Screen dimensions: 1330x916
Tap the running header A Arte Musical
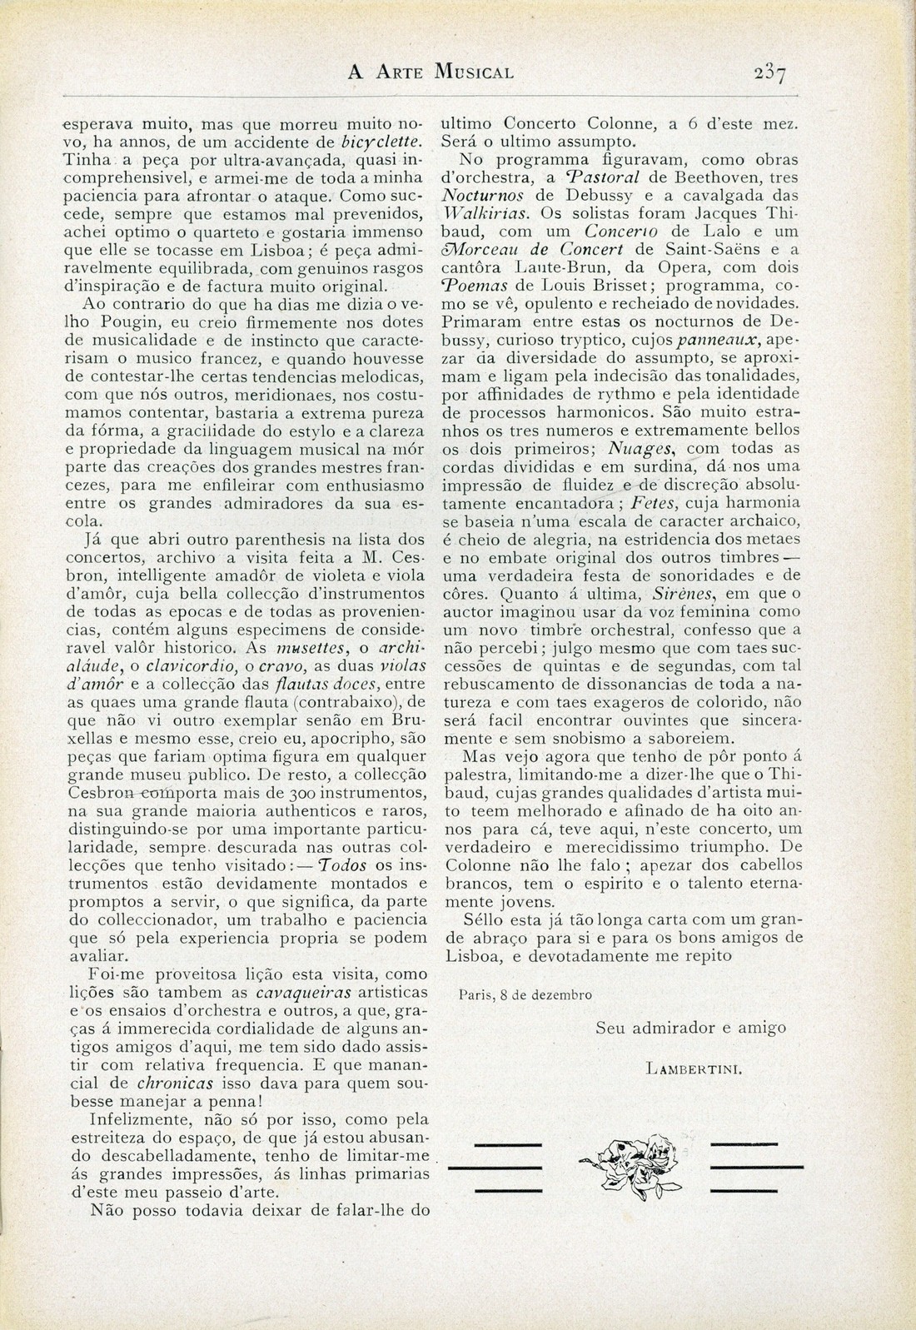click(431, 72)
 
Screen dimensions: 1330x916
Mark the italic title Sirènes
click(724, 594)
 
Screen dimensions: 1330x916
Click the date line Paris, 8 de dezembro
click(525, 994)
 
